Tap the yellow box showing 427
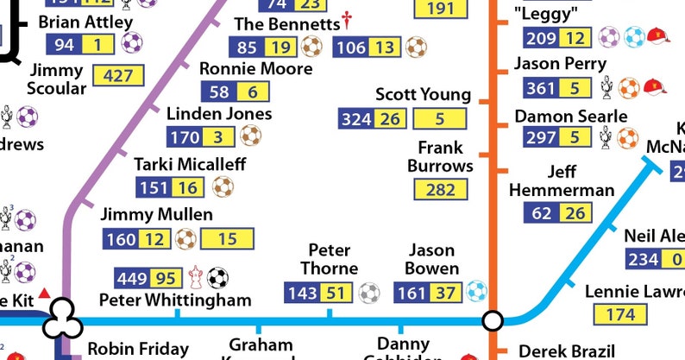[118, 76]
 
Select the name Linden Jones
[219, 114]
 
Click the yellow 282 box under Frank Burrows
[442, 189]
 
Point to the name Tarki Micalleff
[190, 164]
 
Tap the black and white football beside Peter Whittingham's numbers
[219, 277]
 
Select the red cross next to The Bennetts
[347, 20]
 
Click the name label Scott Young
[423, 94]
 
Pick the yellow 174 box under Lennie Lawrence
[619, 314]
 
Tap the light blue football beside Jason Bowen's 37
[475, 293]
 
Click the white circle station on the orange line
[493, 321]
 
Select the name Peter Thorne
[329, 259]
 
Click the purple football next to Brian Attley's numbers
[131, 44]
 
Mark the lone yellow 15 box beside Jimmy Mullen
[228, 238]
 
